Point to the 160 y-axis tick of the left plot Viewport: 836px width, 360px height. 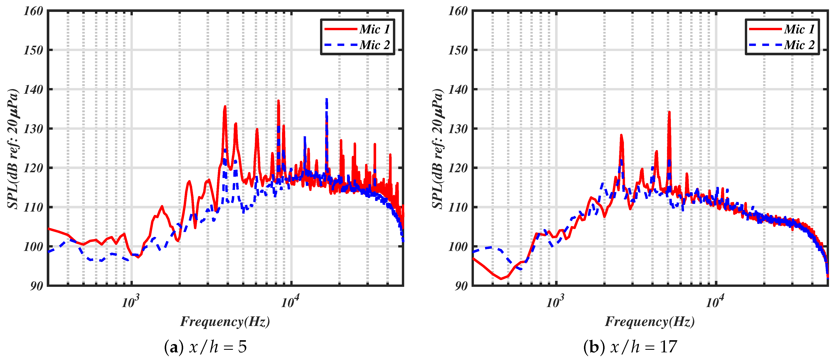click(x=33, y=11)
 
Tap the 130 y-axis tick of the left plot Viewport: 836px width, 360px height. click(x=33, y=129)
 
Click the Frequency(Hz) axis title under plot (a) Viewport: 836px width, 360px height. click(x=225, y=322)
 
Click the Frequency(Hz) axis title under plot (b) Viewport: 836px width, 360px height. click(x=650, y=322)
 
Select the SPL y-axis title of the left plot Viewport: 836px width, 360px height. click(x=13, y=148)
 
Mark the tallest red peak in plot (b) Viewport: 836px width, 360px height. click(x=669, y=112)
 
